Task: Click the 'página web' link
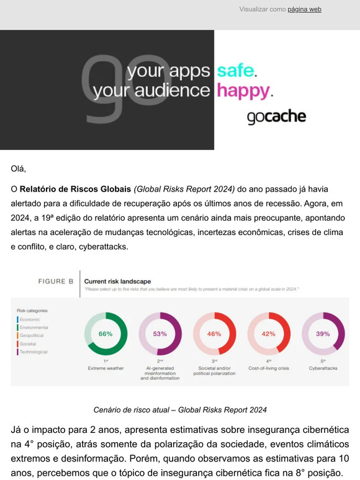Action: point(304,9)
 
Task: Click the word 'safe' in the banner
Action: point(235,71)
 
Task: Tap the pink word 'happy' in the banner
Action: point(244,91)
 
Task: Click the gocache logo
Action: point(276,117)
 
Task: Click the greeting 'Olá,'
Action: point(19,168)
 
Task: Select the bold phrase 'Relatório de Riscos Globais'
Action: point(76,189)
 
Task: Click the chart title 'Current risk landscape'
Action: point(117,281)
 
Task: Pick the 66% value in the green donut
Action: point(106,334)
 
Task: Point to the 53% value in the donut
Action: point(160,334)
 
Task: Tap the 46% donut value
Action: point(214,334)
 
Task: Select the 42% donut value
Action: point(268,334)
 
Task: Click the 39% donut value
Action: point(323,334)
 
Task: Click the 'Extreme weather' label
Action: point(106,368)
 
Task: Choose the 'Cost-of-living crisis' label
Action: point(268,368)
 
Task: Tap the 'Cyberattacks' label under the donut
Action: point(323,368)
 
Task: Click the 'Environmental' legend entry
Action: point(34,327)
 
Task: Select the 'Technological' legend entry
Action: point(34,352)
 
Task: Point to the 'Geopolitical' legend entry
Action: point(33,335)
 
